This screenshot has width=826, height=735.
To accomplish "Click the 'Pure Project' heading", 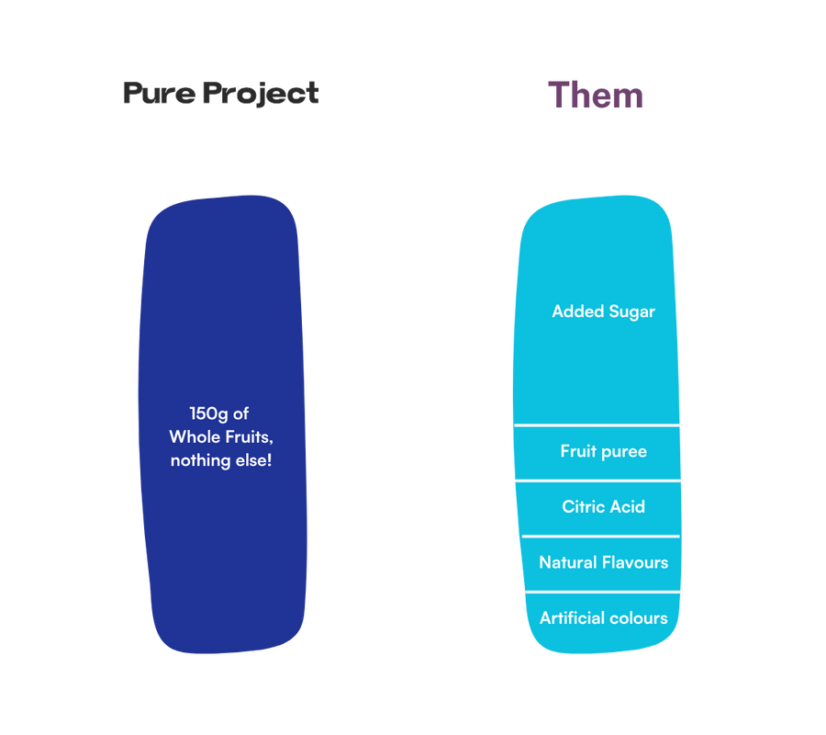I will pos(220,94).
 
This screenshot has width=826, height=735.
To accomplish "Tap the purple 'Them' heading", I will pos(596,95).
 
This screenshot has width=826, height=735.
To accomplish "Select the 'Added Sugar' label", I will pos(603,311).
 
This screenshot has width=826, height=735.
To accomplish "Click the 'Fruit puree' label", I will pos(603,451).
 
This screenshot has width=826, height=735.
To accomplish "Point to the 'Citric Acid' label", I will pos(603,506).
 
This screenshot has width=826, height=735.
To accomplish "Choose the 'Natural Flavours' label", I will pos(603,562).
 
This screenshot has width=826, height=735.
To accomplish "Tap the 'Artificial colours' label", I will pos(603,617).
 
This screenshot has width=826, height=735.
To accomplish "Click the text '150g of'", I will pos(219,413).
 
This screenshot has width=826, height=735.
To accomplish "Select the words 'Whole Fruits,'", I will pos(221,436).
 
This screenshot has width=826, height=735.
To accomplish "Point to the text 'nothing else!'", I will pos(221,459).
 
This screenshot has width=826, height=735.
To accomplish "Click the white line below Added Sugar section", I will pos(598,425).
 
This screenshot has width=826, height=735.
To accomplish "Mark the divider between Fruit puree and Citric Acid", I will pos(598,481).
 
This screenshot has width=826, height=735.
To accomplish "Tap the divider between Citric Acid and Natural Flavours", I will pos(600,536).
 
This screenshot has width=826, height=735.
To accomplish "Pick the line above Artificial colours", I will pos(603,592).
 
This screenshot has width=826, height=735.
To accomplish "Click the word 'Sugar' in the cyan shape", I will pos(631,311).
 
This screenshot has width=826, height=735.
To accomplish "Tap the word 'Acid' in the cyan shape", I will pos(628,506).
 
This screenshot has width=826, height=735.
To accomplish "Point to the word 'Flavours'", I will pos(635,562).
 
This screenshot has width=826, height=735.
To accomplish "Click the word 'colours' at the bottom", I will pos(637,617).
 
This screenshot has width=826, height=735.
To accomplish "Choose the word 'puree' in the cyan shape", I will pos(624,452).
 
